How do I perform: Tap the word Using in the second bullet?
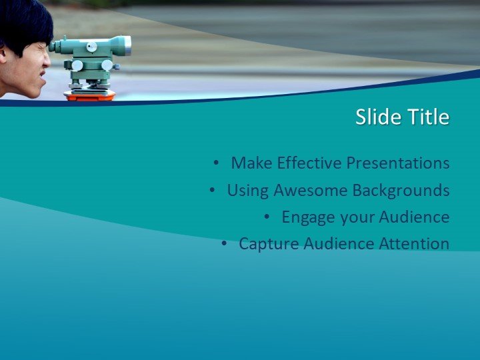click(x=246, y=191)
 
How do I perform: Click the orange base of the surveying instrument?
click(x=89, y=96)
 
